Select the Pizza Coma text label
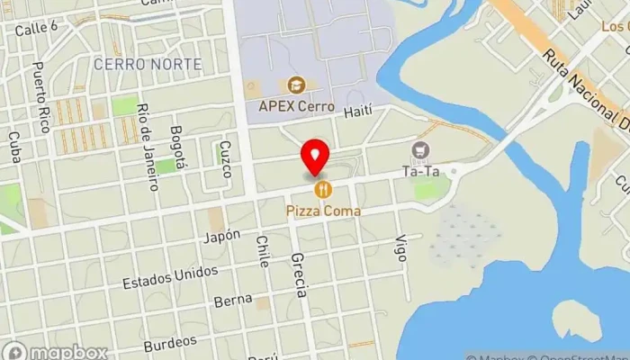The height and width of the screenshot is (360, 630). pyautogui.click(x=323, y=211)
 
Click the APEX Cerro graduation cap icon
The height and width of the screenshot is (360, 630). pyautogui.click(x=295, y=85)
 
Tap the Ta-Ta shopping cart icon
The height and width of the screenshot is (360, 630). pyautogui.click(x=418, y=149)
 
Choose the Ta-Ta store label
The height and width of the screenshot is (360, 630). pyautogui.click(x=419, y=169)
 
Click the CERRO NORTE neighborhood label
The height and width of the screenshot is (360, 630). pyautogui.click(x=147, y=64)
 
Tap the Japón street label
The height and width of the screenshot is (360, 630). pyautogui.click(x=222, y=236)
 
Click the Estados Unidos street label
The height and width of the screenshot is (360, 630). pyautogui.click(x=171, y=276)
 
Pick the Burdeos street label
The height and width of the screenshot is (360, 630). pyautogui.click(x=169, y=343)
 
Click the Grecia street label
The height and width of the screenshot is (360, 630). pyautogui.click(x=300, y=274)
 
